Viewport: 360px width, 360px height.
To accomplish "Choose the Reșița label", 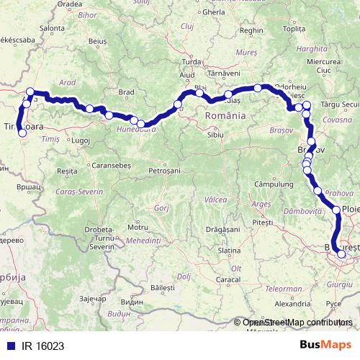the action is [66, 171].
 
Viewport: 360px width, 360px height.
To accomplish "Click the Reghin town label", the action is [251, 31].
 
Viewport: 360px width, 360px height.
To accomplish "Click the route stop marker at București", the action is [341, 254].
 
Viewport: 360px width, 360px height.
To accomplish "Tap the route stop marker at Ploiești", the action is [336, 210].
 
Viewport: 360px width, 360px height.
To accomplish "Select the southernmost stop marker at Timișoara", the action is [22, 133].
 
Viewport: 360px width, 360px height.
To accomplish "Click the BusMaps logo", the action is [325, 343].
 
